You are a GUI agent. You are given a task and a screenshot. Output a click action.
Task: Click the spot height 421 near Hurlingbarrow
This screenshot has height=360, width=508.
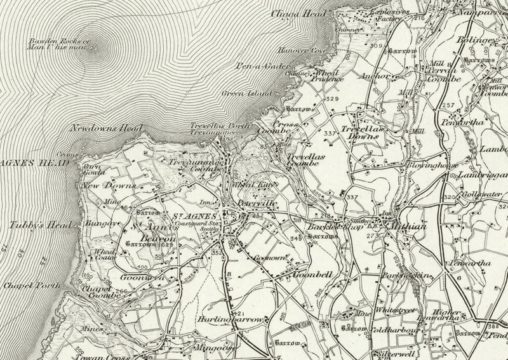238,314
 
